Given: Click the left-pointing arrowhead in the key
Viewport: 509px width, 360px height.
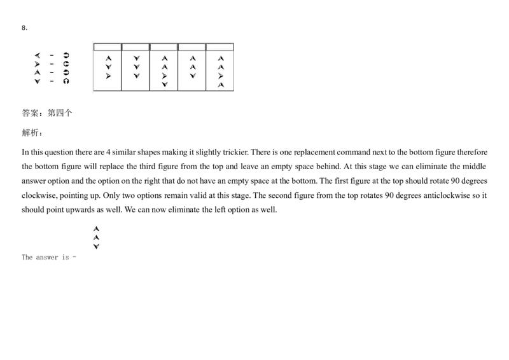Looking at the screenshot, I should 37,55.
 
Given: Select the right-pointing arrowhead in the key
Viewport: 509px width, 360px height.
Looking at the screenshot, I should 37,64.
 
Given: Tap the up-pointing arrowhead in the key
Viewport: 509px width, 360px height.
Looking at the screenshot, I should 37,73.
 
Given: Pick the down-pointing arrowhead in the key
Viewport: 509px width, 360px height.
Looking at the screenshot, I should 37,81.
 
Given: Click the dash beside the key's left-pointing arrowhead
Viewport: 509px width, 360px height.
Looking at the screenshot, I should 52,55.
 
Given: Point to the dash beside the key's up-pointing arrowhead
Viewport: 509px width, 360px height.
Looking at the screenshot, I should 52,73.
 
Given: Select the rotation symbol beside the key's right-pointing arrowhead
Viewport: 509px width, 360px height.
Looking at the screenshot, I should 66,64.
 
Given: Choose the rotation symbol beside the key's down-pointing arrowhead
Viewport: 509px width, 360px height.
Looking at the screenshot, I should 66,81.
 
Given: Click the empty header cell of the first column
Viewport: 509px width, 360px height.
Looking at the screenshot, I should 108,46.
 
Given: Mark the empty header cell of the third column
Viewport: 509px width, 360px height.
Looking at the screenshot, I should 164,46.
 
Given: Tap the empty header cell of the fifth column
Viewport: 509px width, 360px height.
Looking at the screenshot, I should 220,46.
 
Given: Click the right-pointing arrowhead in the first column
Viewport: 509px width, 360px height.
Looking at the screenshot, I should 108,76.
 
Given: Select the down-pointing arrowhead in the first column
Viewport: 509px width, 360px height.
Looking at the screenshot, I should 108,67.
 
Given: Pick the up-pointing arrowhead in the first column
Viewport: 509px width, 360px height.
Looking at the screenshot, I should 108,58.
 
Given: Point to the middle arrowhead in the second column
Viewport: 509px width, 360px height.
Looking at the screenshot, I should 136,67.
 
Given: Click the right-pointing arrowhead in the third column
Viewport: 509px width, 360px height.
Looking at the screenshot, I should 164,76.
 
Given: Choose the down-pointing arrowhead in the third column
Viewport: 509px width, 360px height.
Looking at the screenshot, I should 164,85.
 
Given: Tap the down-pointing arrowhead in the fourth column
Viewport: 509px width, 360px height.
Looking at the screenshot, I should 192,76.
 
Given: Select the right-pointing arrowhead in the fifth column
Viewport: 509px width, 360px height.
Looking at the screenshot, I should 220,76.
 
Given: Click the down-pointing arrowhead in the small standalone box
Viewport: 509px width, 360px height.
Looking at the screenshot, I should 96,246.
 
